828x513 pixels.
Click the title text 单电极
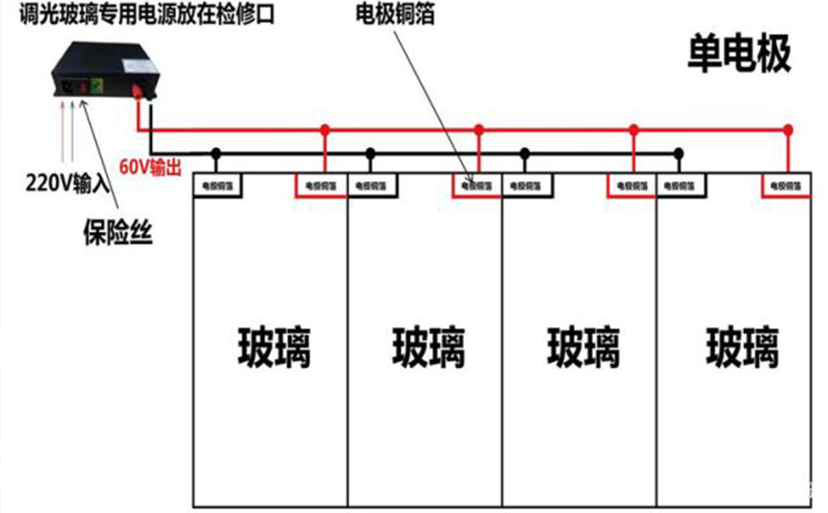point(739,54)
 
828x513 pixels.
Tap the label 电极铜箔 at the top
point(395,14)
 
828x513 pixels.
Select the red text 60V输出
point(151,167)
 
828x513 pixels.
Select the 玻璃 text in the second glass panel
point(428,347)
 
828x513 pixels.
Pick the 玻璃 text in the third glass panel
point(583,347)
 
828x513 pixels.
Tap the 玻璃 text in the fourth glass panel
point(742,347)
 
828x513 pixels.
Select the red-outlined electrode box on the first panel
point(321,185)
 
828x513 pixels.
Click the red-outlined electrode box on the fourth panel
point(786,185)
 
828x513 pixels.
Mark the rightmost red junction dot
point(788,129)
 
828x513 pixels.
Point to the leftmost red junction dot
point(325,129)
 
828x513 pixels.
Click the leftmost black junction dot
point(216,152)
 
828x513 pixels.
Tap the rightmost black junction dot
point(678,152)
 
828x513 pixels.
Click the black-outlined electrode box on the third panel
point(527,185)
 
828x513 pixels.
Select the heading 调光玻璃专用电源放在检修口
point(138,13)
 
